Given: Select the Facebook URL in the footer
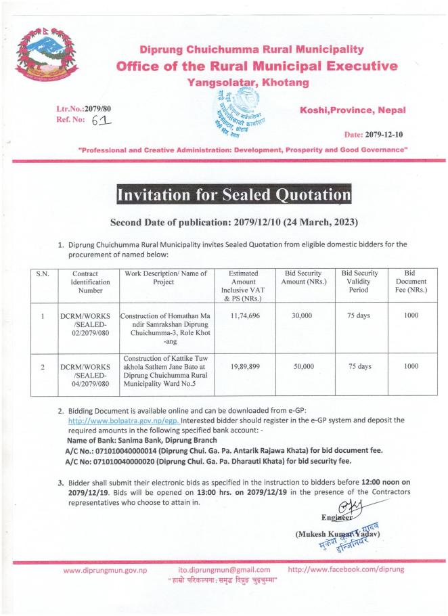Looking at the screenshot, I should pyautogui.click(x=346, y=569).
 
